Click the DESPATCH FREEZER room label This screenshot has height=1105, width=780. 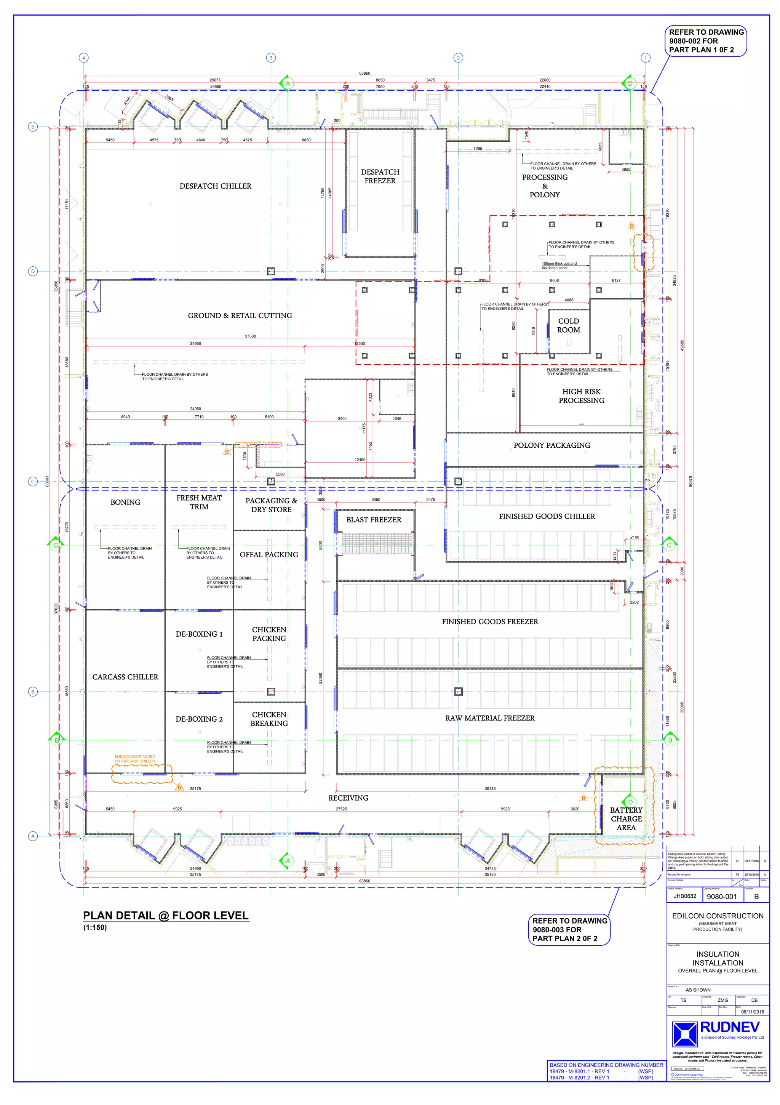(380, 176)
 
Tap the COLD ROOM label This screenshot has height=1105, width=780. (568, 325)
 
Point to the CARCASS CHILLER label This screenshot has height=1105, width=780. (125, 677)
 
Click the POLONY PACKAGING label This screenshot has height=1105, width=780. (551, 445)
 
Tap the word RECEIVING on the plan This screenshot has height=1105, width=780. (348, 798)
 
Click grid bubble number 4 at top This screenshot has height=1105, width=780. (84, 58)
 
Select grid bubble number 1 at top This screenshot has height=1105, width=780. (646, 58)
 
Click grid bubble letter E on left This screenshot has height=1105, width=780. (33, 127)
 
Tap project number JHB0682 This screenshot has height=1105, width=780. (684, 896)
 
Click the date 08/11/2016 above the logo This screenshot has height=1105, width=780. (753, 1012)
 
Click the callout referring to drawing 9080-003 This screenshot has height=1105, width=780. (569, 929)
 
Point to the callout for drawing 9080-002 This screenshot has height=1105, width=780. (706, 41)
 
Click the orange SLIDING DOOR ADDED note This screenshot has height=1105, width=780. (135, 759)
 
